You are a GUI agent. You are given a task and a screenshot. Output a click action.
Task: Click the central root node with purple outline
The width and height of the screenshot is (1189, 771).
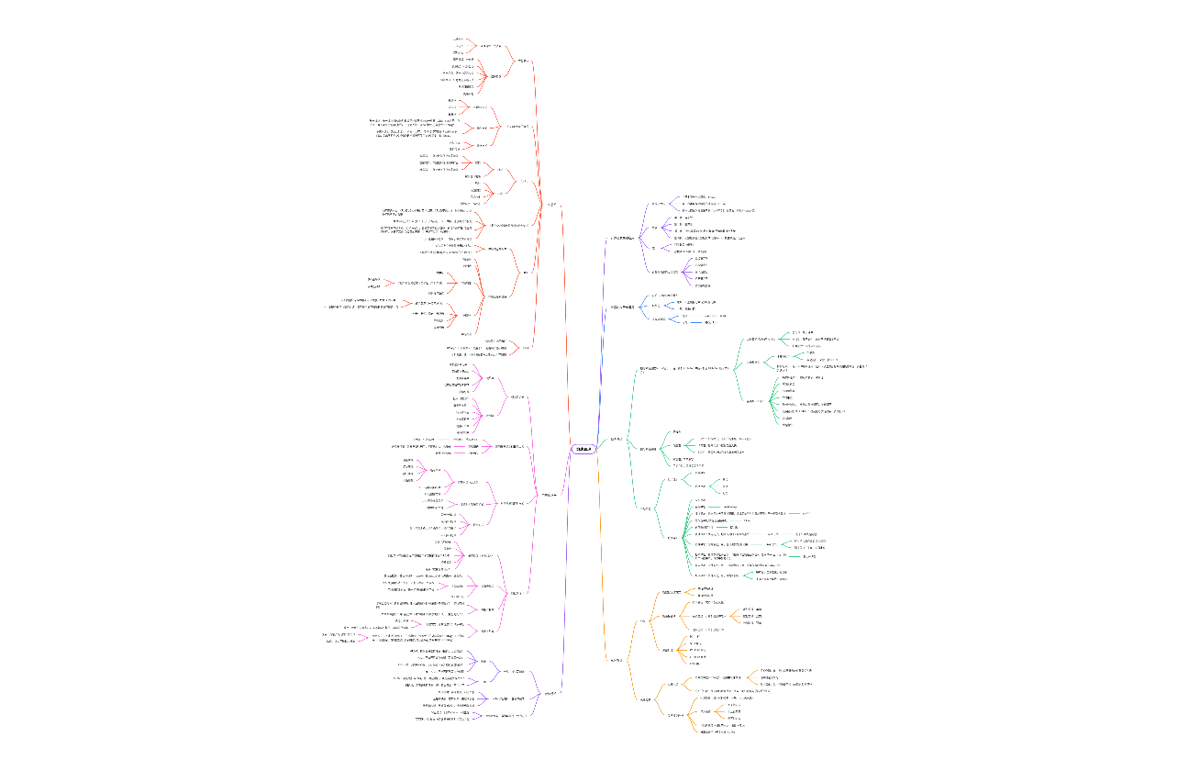click(x=583, y=449)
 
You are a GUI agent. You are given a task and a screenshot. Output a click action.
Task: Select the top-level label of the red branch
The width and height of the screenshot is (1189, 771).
click(x=551, y=204)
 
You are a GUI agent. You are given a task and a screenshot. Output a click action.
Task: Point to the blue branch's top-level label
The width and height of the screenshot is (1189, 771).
click(x=623, y=307)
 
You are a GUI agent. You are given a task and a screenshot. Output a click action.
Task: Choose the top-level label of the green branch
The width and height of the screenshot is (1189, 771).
click(x=617, y=439)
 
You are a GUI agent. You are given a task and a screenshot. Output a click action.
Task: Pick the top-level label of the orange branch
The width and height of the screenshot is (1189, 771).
click(x=617, y=660)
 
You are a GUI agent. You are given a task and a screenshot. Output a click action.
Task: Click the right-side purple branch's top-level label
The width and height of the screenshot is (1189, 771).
click(x=623, y=238)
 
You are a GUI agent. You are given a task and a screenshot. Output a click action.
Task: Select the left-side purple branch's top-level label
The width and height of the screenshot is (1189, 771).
click(x=550, y=693)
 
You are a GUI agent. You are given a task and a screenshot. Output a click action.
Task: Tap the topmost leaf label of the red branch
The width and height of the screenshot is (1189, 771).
click(x=459, y=39)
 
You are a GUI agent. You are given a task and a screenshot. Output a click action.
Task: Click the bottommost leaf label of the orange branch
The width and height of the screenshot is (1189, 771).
click(x=717, y=732)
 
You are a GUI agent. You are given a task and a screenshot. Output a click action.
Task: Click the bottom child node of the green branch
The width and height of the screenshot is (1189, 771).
click(x=646, y=508)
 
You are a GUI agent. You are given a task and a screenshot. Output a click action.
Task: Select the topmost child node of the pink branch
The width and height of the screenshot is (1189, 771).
click(x=517, y=397)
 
